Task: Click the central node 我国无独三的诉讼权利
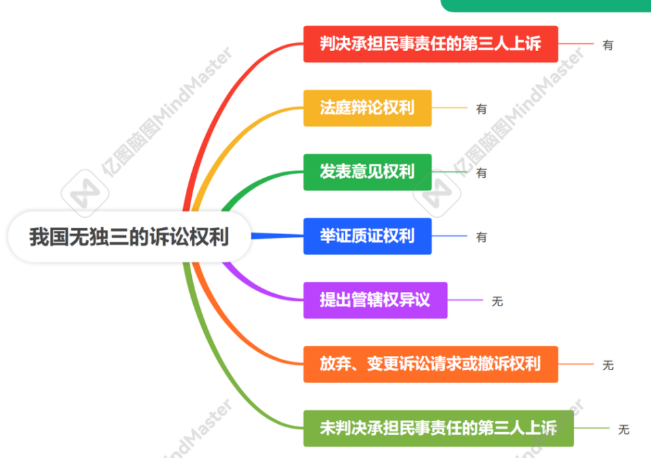pyautogui.click(x=129, y=237)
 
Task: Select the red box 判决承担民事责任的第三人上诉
pyautogui.click(x=431, y=44)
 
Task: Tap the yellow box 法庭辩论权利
pyautogui.click(x=367, y=108)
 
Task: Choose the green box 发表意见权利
pyautogui.click(x=367, y=172)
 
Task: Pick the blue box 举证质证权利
pyautogui.click(x=367, y=236)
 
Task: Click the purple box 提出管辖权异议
pyautogui.click(x=375, y=300)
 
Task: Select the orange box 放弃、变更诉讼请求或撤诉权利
pyautogui.click(x=431, y=364)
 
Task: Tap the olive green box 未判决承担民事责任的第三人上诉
pyautogui.click(x=439, y=428)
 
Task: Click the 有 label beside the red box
pyautogui.click(x=608, y=45)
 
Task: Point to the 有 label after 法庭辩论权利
pyautogui.click(x=481, y=109)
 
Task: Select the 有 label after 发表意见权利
pyautogui.click(x=481, y=173)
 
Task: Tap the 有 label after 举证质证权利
pyautogui.click(x=481, y=237)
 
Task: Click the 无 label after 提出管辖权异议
pyautogui.click(x=497, y=301)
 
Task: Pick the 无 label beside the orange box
pyautogui.click(x=608, y=365)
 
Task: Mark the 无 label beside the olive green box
pyautogui.click(x=624, y=429)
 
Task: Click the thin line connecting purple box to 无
pyautogui.click(x=465, y=300)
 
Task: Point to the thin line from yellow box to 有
pyautogui.click(x=449, y=108)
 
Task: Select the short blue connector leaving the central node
pyautogui.click(x=277, y=236)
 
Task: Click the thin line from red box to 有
pyautogui.click(x=575, y=44)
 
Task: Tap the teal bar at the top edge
pyautogui.click(x=546, y=5)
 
